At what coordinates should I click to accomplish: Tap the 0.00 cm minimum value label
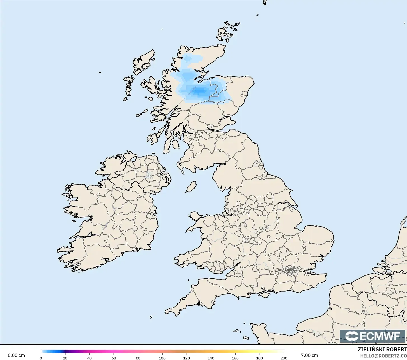(x=16, y=356)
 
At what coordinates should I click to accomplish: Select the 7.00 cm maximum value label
(x=309, y=356)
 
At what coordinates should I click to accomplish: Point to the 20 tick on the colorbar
(x=65, y=358)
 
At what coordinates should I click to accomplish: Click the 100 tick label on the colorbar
(x=162, y=358)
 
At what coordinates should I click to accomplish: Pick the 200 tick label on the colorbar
(x=284, y=358)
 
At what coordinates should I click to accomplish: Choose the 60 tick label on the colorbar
(x=114, y=358)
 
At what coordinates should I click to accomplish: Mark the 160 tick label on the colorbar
(x=235, y=358)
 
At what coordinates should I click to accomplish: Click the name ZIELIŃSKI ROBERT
(x=382, y=350)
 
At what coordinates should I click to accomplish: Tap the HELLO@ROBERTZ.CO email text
(x=383, y=356)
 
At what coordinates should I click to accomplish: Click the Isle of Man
(x=191, y=187)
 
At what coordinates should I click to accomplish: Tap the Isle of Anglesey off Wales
(x=195, y=217)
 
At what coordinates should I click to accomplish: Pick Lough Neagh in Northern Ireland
(x=149, y=175)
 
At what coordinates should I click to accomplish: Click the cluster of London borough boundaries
(x=291, y=271)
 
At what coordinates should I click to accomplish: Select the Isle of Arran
(x=175, y=145)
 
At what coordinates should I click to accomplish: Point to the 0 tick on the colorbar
(x=41, y=358)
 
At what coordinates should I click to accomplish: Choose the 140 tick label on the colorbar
(x=211, y=358)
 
